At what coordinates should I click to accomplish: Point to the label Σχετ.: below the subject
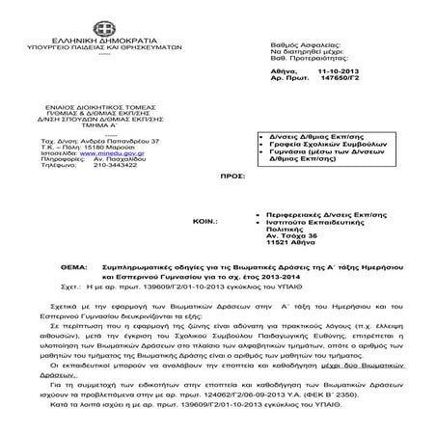31,286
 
